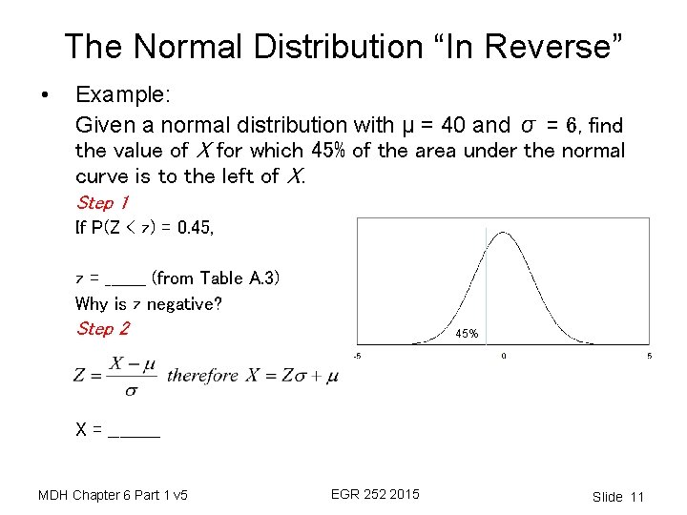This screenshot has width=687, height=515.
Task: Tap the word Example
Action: [x=121, y=95]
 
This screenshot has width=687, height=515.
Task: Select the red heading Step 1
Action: [x=102, y=202]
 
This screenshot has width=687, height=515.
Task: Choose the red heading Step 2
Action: [x=102, y=329]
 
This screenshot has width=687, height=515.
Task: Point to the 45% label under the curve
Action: [x=467, y=335]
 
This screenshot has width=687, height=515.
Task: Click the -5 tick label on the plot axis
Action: [x=357, y=357]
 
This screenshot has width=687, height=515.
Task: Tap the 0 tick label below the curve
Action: [x=504, y=357]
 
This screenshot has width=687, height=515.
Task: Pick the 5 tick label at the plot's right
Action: [x=649, y=357]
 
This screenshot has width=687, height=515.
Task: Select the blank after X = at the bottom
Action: [x=135, y=430]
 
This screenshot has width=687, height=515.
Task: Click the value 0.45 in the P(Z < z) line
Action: [x=196, y=228]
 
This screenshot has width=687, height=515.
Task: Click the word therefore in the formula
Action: [x=202, y=375]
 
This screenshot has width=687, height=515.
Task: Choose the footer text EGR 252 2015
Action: [x=375, y=494]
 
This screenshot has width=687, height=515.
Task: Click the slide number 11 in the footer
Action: [x=637, y=497]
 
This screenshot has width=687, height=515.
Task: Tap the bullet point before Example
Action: [x=43, y=95]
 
